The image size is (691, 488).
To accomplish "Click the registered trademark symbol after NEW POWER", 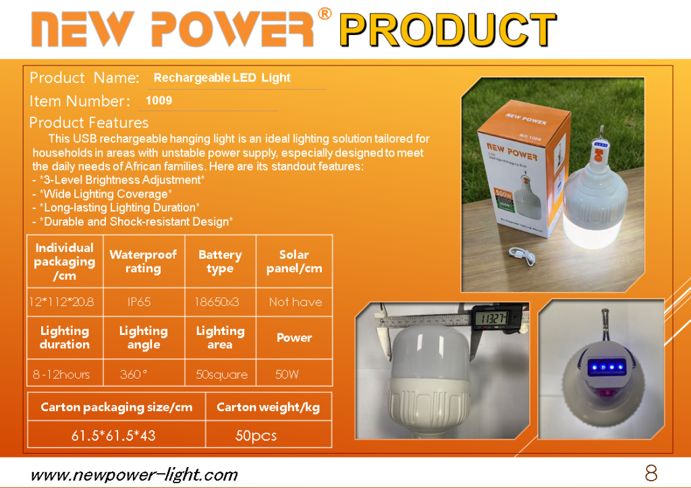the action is pyautogui.click(x=325, y=14).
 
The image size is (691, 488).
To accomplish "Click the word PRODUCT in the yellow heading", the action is pyautogui.click(x=448, y=30).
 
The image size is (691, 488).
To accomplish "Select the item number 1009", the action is pyautogui.click(x=159, y=100).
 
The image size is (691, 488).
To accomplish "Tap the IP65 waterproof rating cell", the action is pyautogui.click(x=139, y=302).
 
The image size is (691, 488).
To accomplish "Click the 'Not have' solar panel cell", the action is pyautogui.click(x=296, y=302).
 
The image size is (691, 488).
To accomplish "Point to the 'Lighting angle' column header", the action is pyautogui.click(x=144, y=338).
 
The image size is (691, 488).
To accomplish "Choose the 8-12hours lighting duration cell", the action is pyautogui.click(x=61, y=375).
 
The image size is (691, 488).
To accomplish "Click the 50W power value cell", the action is pyautogui.click(x=287, y=375).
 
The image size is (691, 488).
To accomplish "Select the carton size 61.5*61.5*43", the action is pyautogui.click(x=113, y=435).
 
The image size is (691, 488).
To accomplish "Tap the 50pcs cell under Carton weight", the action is pyautogui.click(x=256, y=435).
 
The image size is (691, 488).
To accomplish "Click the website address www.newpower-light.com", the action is pyautogui.click(x=134, y=475).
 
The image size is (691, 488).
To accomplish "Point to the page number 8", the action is pyautogui.click(x=651, y=473).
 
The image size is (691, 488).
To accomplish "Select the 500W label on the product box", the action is pyautogui.click(x=503, y=193).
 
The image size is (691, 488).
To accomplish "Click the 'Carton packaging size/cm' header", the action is pyautogui.click(x=116, y=407).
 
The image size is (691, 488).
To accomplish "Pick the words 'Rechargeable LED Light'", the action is pyautogui.click(x=222, y=78).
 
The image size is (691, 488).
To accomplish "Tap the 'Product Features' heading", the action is pyautogui.click(x=89, y=122).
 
